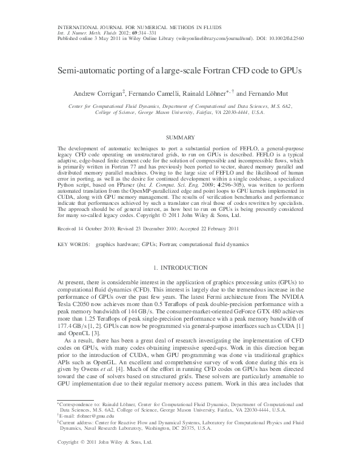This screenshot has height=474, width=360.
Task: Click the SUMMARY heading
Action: coord(180,138)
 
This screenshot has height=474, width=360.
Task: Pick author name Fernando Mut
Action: coord(266,94)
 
